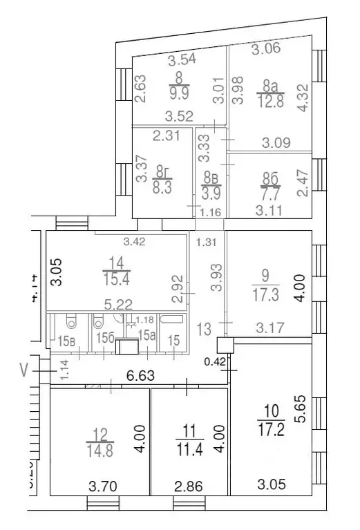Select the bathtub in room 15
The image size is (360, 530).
(173, 321)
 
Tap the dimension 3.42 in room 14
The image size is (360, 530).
(135, 241)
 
